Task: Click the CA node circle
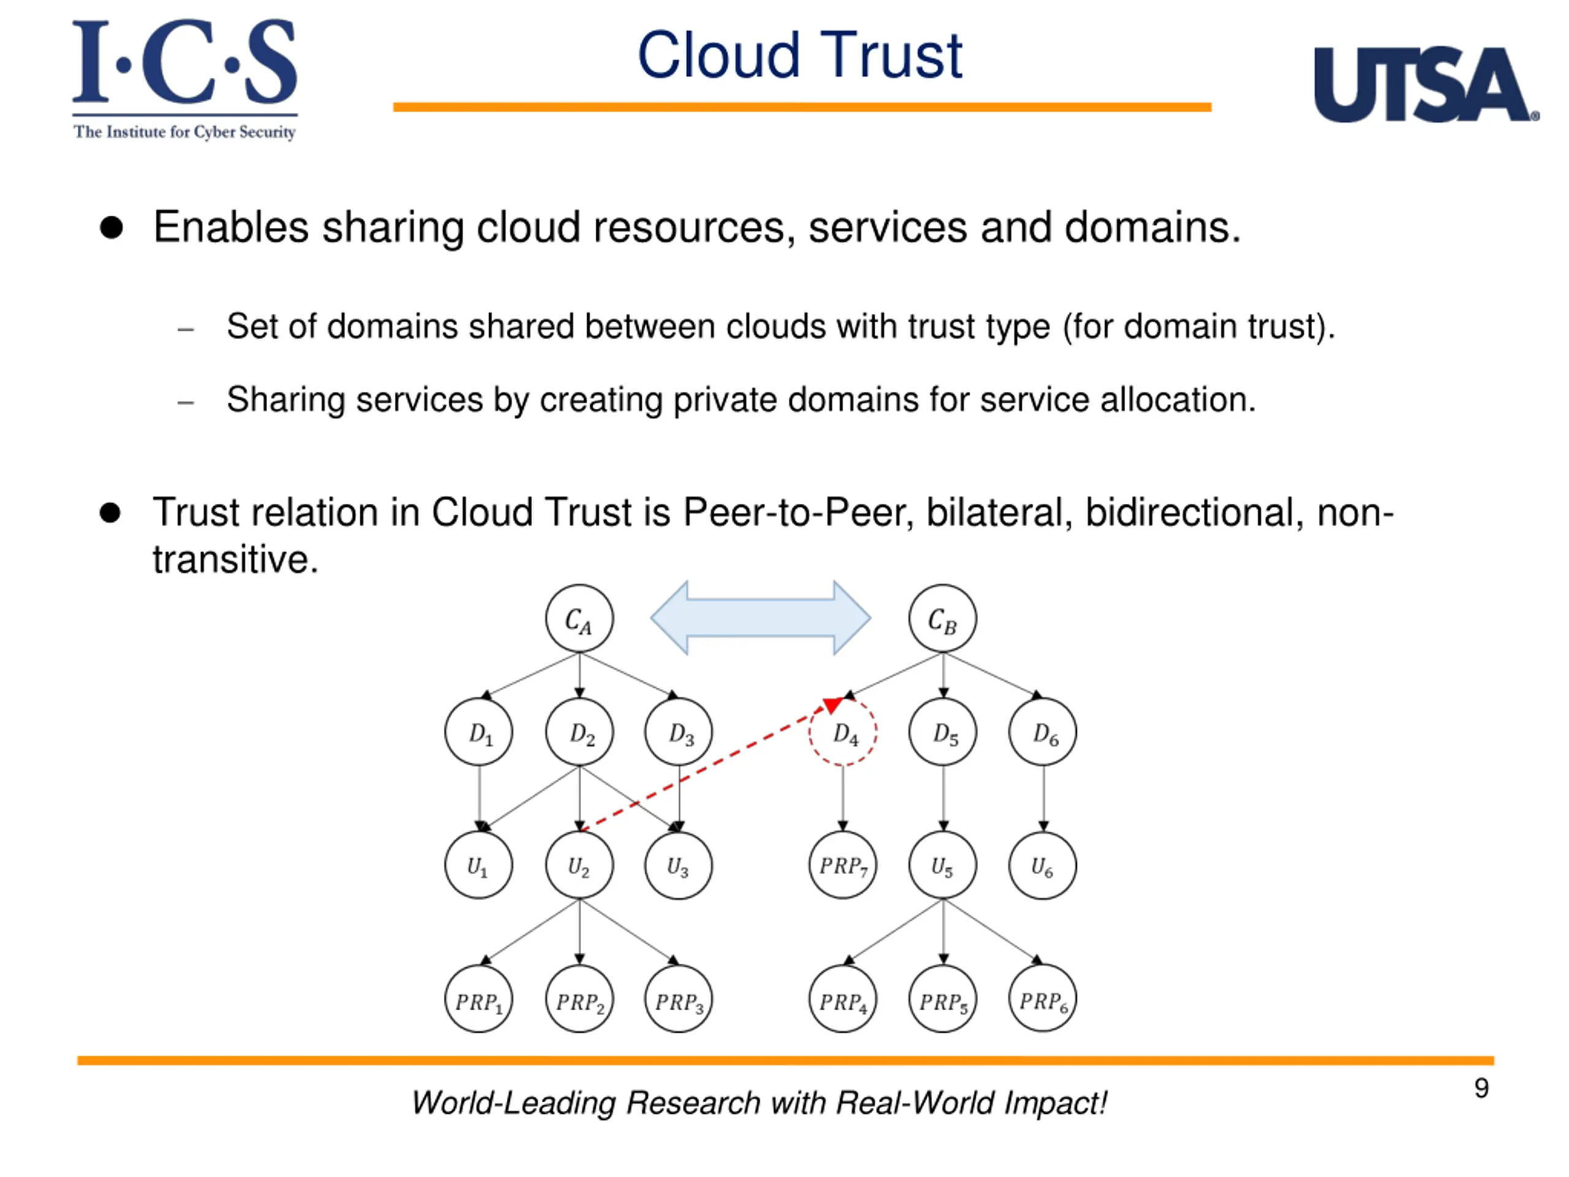(x=579, y=619)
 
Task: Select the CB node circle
(x=943, y=619)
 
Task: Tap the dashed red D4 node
(x=843, y=732)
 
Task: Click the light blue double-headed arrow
(x=761, y=618)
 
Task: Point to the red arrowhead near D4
(x=832, y=705)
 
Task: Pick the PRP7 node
(x=843, y=866)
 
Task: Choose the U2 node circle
(x=579, y=866)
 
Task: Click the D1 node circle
(x=479, y=732)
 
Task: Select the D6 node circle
(x=1043, y=732)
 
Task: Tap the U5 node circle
(x=943, y=866)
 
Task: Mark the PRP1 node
(x=479, y=999)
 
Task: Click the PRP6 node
(x=1043, y=999)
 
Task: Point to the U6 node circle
(x=1043, y=866)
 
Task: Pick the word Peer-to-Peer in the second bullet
(x=797, y=512)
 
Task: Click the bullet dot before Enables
(x=112, y=228)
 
